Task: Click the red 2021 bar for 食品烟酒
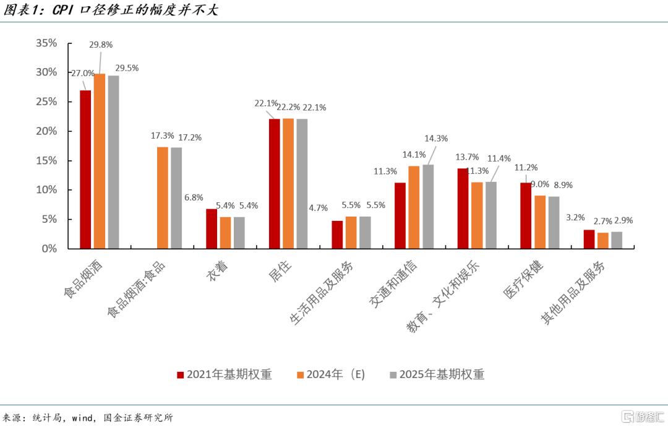(x=85, y=170)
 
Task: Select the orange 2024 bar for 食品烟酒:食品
(x=163, y=197)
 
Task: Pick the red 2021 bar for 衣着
(x=212, y=228)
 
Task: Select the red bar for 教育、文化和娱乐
(x=463, y=208)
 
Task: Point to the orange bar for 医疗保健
(x=539, y=222)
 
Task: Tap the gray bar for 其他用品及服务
(x=617, y=240)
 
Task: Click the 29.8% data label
(x=101, y=45)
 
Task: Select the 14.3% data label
(x=435, y=139)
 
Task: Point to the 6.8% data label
(x=194, y=197)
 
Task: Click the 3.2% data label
(x=576, y=218)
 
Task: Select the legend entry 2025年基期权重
(x=437, y=374)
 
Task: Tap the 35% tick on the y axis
(x=46, y=43)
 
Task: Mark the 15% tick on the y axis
(x=46, y=160)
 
